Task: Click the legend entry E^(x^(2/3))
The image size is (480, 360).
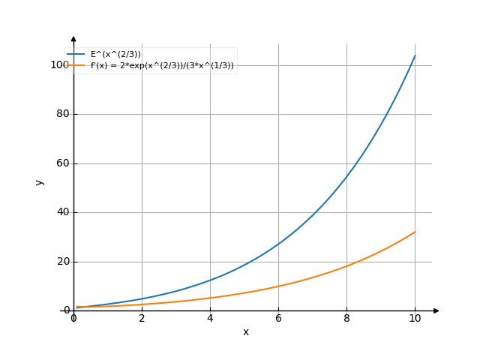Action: (115, 54)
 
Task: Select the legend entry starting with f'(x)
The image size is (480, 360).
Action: (166, 65)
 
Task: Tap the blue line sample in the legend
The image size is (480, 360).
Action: (76, 54)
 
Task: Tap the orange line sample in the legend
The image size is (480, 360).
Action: (76, 65)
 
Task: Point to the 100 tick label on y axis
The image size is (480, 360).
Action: (59, 65)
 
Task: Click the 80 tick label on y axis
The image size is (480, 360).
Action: (62, 114)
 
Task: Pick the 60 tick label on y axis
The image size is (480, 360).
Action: (62, 163)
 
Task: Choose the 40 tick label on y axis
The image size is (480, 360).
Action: (62, 212)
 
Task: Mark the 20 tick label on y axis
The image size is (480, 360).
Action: (62, 262)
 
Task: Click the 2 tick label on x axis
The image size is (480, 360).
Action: (142, 319)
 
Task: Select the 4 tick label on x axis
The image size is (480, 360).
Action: (210, 319)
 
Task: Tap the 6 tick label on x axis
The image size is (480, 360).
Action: (278, 319)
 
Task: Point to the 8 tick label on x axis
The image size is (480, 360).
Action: (346, 319)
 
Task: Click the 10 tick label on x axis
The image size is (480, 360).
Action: (415, 319)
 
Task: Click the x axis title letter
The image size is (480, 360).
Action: (245, 331)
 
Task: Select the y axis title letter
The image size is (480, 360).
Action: (40, 181)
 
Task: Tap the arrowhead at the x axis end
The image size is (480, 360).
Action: (436, 310)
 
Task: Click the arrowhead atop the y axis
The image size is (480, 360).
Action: (73, 37)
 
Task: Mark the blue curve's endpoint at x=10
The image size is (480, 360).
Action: (415, 55)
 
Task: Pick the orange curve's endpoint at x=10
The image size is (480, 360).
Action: (415, 232)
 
